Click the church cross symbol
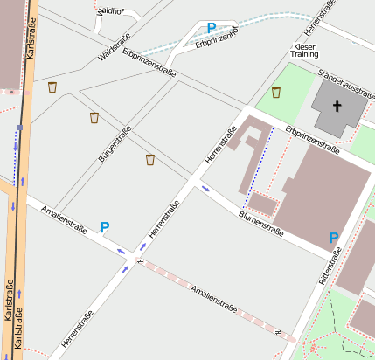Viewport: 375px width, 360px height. (337, 107)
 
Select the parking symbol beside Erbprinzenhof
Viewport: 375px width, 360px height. (211, 28)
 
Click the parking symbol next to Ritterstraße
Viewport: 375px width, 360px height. (333, 237)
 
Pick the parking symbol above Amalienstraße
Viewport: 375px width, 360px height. (105, 227)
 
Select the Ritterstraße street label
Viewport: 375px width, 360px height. (332, 266)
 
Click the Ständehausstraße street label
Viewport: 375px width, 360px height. (345, 84)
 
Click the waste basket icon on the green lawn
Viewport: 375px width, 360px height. (276, 92)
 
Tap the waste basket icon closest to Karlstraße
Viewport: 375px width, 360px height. (52, 87)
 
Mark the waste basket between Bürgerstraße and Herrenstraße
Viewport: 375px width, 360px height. (150, 159)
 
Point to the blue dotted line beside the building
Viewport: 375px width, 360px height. (257, 166)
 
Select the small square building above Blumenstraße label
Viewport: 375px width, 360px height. (262, 205)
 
